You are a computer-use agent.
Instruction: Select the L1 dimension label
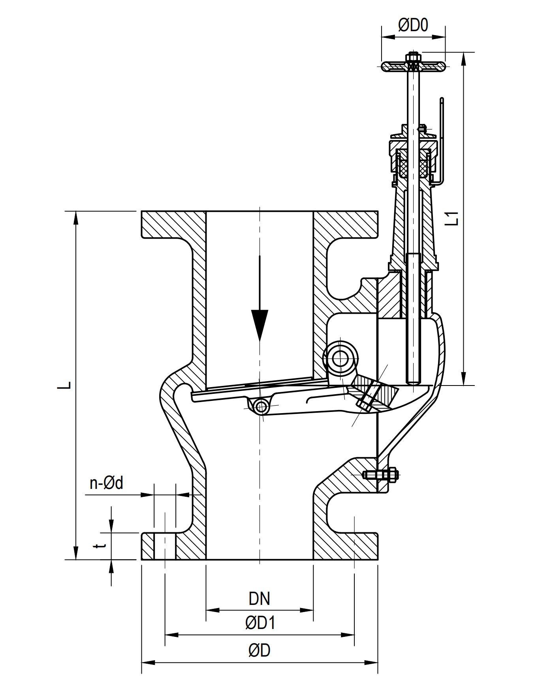454,218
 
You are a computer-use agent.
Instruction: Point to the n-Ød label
106,483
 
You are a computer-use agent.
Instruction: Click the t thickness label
102,546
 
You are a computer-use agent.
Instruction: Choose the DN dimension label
259,599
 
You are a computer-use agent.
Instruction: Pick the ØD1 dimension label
260,623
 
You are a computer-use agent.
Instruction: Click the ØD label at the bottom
260,651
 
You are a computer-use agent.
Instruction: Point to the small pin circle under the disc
261,406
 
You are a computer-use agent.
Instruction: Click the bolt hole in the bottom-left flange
164,547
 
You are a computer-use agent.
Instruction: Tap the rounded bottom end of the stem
414,381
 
